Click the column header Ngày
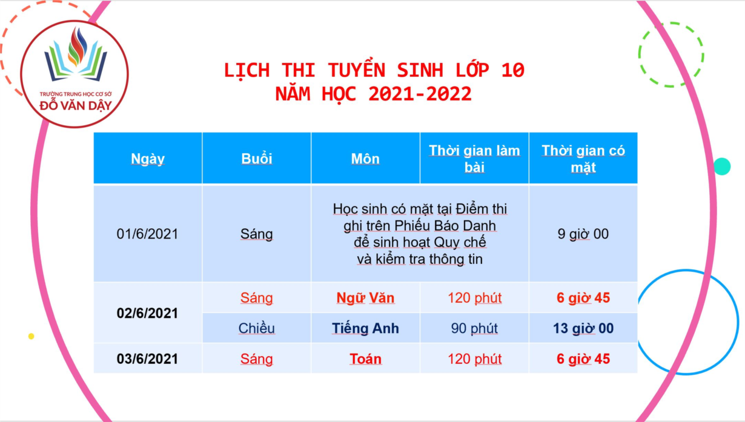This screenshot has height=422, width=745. [148, 159]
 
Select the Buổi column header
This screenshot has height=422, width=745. [256, 158]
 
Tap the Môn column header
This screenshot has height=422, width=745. [365, 159]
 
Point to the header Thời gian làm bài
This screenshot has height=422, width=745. [474, 159]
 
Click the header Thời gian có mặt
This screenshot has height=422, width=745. [583, 159]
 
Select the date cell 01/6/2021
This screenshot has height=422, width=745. [147, 234]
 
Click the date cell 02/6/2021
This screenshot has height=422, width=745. [147, 313]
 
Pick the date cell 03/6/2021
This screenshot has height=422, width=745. [147, 359]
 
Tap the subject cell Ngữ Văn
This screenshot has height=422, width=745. [365, 298]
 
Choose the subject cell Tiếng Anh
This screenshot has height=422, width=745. [365, 329]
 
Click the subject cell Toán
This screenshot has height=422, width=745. [365, 359]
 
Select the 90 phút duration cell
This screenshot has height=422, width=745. [474, 329]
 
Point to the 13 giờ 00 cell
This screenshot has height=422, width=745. [583, 329]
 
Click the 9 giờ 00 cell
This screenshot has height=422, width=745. [583, 234]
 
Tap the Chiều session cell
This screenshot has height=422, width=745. [256, 329]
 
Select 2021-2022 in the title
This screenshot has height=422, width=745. [420, 94]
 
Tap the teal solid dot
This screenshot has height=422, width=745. [722, 166]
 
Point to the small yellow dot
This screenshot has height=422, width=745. [31, 336]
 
